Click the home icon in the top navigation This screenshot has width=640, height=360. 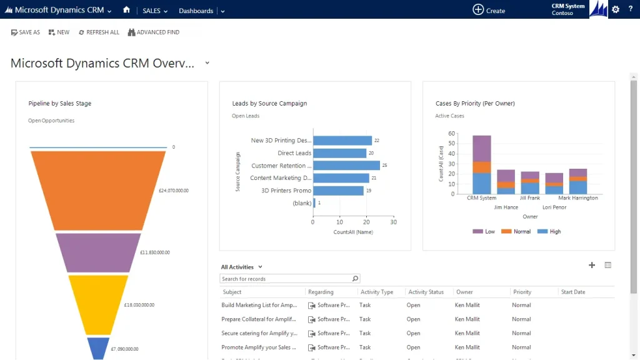(127, 10)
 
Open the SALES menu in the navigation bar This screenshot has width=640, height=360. (151, 11)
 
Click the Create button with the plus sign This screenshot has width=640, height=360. (489, 10)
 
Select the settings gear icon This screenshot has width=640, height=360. (616, 9)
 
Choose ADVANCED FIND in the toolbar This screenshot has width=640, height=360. (153, 32)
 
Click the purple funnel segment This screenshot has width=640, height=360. (98, 252)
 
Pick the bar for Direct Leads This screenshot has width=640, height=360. (339, 153)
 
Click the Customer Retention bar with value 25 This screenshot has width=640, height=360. (346, 166)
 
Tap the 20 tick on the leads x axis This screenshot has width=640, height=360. (366, 222)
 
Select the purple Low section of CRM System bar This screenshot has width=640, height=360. (482, 148)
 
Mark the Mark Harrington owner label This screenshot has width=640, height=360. (578, 198)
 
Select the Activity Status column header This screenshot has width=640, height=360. (426, 292)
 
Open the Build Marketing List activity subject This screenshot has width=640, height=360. (259, 306)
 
